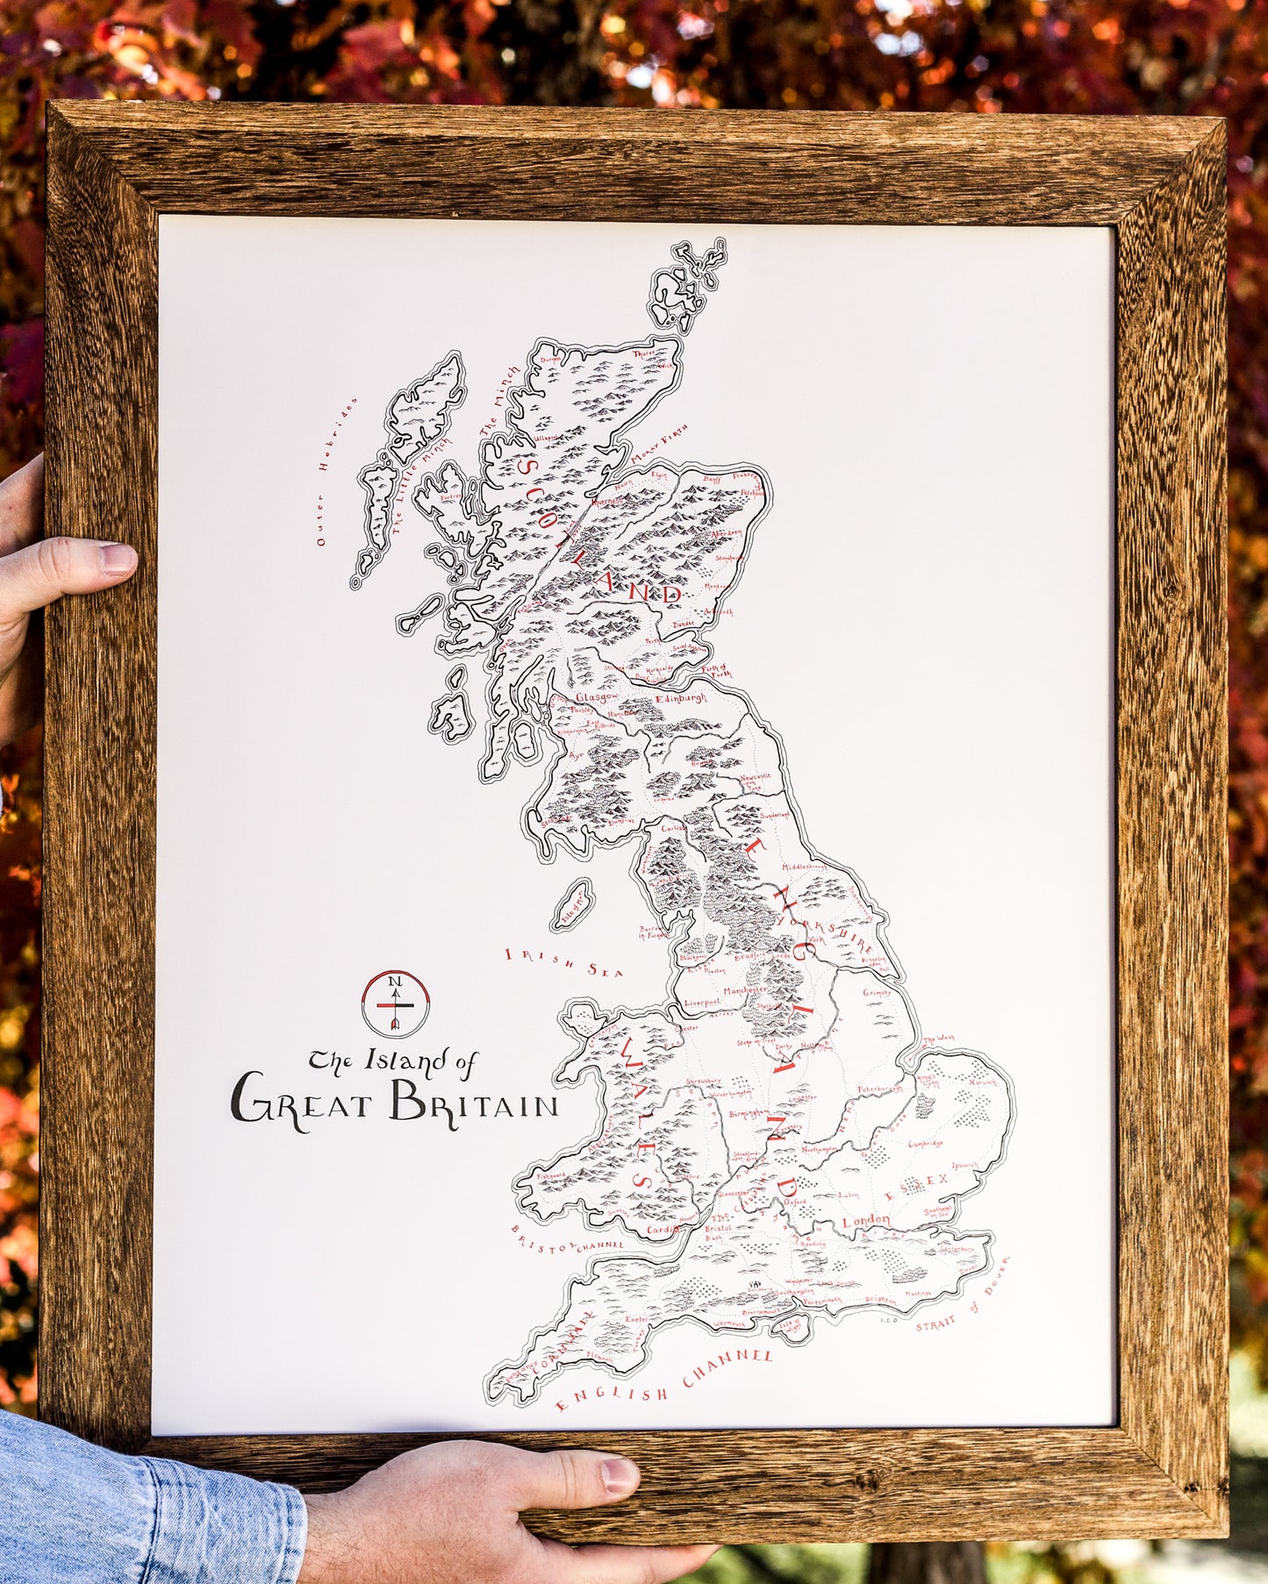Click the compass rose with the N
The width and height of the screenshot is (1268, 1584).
coord(395,1002)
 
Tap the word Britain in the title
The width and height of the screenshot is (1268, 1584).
coord(474,1102)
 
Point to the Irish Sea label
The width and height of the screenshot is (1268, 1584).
coord(563,962)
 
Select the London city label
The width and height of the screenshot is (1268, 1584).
coord(866,1221)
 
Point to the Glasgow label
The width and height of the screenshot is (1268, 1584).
coord(597,696)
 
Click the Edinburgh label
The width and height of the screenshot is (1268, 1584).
coord(680,698)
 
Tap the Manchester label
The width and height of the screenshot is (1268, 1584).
coord(745,989)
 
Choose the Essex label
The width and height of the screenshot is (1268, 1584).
coord(916,1185)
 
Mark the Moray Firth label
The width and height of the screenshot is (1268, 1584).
coord(659,447)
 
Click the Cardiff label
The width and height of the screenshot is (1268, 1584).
coord(663,1230)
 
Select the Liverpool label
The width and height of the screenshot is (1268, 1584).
coord(702,1001)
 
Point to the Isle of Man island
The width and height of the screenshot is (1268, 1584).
coord(572,905)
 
